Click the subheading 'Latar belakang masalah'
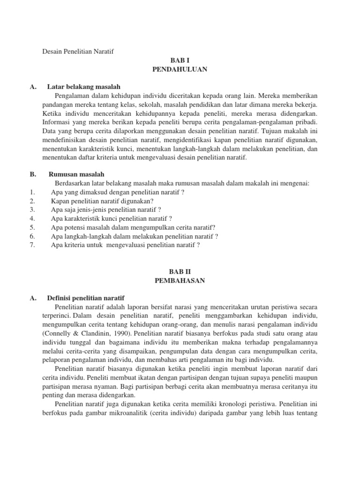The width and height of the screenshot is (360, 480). coord(84,87)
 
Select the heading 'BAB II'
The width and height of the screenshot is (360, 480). coord(180,271)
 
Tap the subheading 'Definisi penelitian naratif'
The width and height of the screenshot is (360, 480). coord(85,298)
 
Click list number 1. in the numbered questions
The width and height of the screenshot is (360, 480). coord(32,192)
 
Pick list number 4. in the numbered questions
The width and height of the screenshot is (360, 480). coord(32,218)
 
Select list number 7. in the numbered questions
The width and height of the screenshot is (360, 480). coord(32,245)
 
